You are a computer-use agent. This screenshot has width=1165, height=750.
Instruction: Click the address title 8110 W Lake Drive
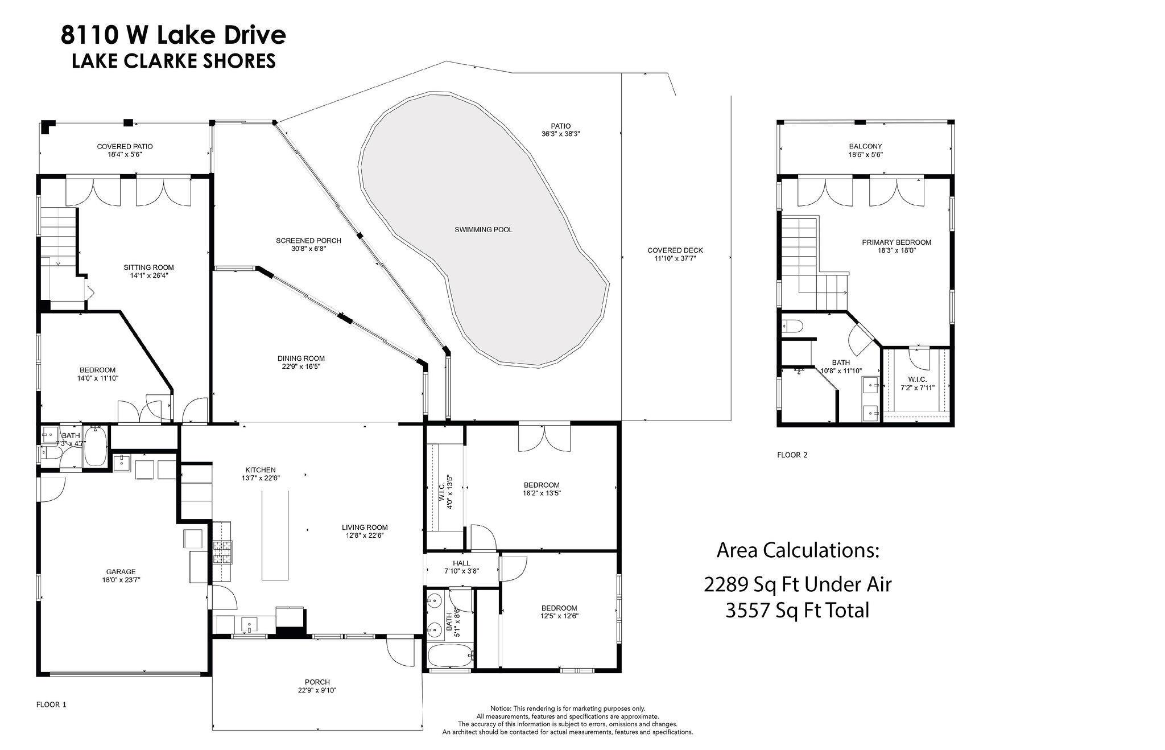tap(173, 35)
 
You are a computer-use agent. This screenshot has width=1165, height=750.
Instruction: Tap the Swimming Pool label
tap(483, 230)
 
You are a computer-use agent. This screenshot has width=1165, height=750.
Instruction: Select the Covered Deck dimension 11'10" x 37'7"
tap(675, 258)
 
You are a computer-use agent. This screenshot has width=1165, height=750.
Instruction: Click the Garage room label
tap(121, 572)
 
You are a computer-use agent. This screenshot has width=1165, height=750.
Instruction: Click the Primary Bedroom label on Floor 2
tap(896, 242)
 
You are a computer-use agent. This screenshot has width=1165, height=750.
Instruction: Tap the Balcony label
tap(865, 146)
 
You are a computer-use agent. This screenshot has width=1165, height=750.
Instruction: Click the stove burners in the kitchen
tap(221, 551)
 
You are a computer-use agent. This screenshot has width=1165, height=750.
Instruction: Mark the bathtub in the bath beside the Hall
tap(450, 657)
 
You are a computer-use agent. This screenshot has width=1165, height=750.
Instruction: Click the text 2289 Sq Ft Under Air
tap(798, 584)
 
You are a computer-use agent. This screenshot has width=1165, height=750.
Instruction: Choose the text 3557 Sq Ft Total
tap(798, 611)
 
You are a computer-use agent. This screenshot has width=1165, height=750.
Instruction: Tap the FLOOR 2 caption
tap(792, 455)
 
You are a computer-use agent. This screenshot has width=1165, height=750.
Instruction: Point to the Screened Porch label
tap(308, 241)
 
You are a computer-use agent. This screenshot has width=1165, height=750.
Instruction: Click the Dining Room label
tap(301, 358)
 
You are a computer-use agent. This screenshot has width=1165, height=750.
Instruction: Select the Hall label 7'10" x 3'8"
tap(461, 571)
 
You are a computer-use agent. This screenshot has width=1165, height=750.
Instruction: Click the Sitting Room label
tap(148, 267)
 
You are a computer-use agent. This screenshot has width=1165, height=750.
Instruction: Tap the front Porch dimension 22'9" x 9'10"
tap(317, 690)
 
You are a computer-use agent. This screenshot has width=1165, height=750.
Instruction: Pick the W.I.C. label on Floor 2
tap(917, 380)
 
